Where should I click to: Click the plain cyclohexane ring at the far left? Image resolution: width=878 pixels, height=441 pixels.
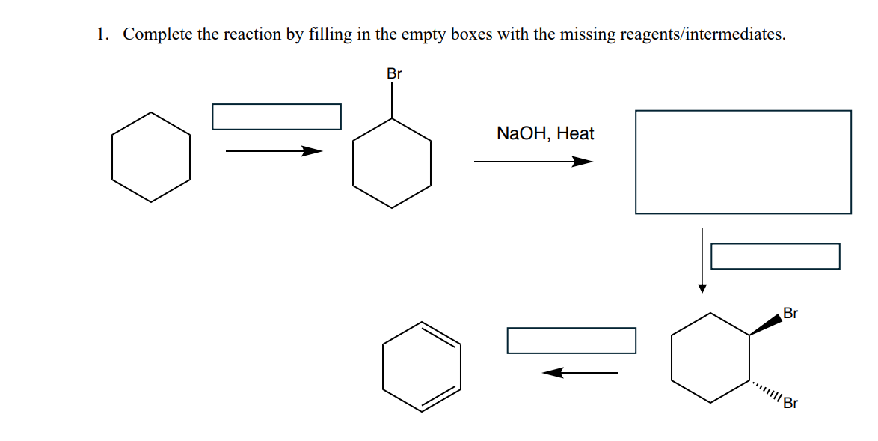click(151, 157)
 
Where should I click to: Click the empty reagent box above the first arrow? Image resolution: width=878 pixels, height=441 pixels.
click(277, 116)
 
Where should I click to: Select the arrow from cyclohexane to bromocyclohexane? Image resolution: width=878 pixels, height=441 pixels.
click(274, 151)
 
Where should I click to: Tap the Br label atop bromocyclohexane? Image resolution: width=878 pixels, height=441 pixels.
click(394, 74)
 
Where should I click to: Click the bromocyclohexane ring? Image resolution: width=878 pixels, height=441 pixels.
click(392, 162)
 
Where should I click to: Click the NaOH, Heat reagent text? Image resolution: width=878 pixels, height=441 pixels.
click(545, 134)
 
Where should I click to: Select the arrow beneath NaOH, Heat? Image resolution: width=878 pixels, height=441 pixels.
click(533, 162)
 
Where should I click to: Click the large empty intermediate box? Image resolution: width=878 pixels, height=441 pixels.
click(743, 162)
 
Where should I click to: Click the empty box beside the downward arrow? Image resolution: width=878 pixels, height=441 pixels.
click(775, 256)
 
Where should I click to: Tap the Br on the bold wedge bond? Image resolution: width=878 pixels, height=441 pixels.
click(790, 313)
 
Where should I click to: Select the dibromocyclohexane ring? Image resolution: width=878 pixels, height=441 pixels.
click(710, 357)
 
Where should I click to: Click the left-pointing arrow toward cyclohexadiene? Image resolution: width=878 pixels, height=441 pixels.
click(580, 372)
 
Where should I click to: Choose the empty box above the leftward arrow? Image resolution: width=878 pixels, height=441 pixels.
click(571, 340)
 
